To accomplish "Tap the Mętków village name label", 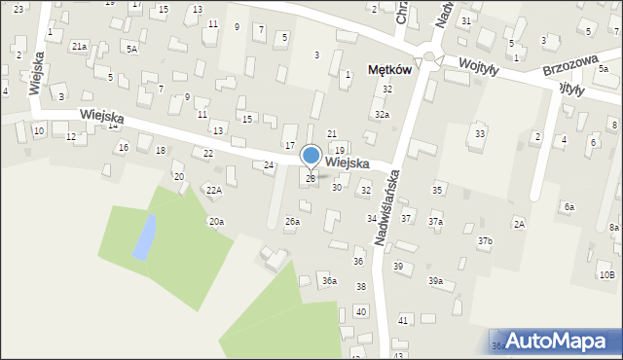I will [x=390, y=70].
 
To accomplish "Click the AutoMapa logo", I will [x=554, y=341].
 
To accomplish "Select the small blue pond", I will [x=142, y=237].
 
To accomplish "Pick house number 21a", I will [x=80, y=46].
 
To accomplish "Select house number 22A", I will [x=213, y=191].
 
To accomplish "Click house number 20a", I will [x=216, y=222].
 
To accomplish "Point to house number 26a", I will [x=292, y=222].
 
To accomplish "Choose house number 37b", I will [x=485, y=240].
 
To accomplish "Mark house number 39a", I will [x=435, y=281].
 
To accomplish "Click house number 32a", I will [x=383, y=115].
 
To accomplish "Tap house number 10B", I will [x=606, y=275].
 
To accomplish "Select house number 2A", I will [x=520, y=225].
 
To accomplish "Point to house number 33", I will [x=480, y=133].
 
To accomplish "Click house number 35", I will [x=438, y=190].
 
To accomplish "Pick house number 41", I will [x=403, y=320].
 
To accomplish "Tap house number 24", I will [x=269, y=165].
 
